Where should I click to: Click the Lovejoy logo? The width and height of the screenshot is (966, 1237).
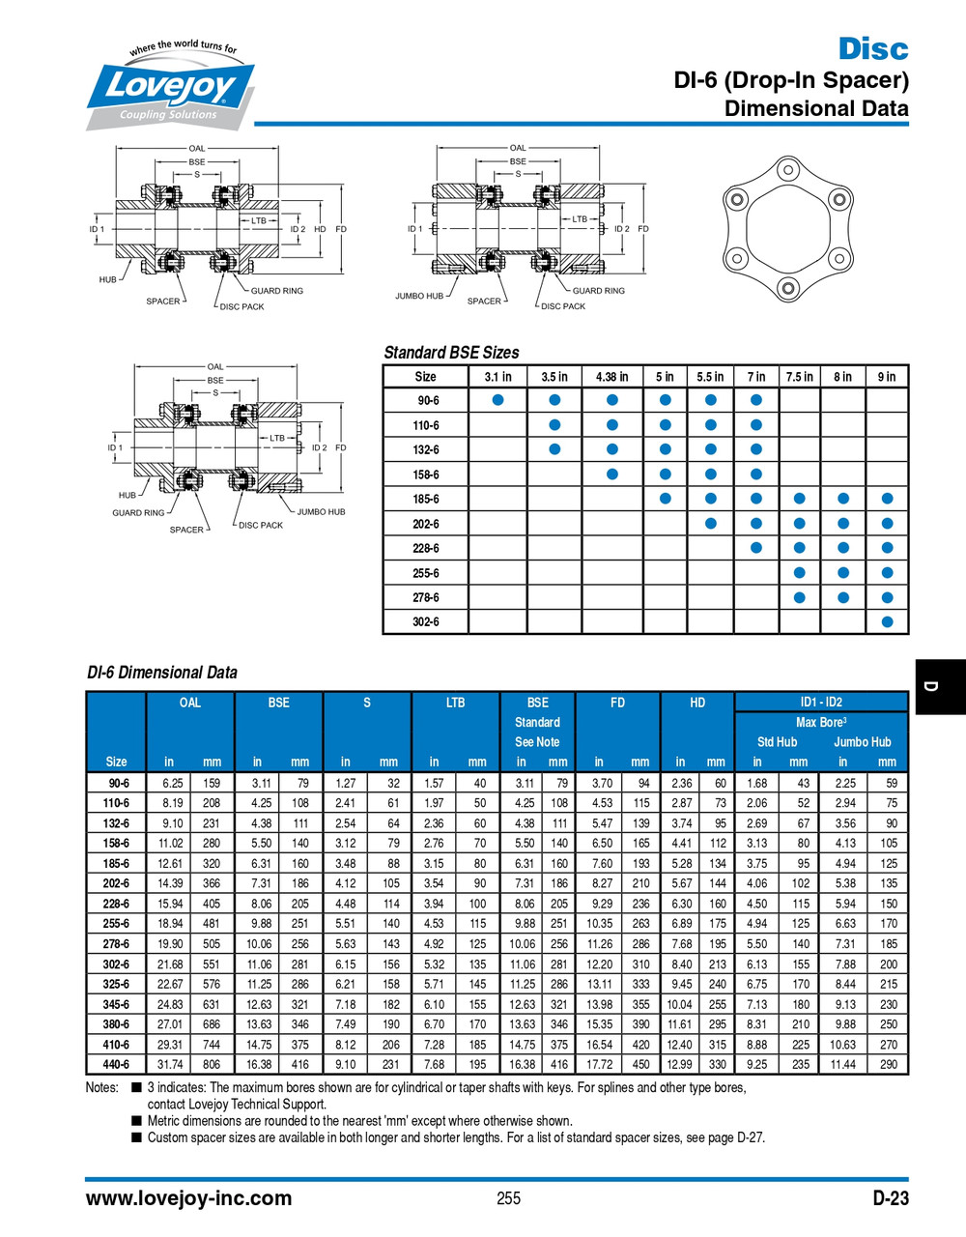pos(170,88)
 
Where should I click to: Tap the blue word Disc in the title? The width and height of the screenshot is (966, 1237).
pos(872,48)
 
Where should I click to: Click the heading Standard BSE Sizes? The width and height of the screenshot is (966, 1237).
pos(451,353)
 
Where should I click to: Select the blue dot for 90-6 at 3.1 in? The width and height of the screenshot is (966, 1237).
pos(497,400)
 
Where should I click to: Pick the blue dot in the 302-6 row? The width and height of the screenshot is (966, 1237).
pos(887,622)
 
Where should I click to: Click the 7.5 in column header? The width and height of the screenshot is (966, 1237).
pos(799,377)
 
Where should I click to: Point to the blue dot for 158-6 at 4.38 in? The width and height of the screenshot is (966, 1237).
pos(611,475)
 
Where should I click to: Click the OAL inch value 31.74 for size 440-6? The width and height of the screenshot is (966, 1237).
pos(170,1064)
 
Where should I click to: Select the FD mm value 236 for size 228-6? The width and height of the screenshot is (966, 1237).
pos(640,904)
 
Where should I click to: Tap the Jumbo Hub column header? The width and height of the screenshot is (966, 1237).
pos(862,742)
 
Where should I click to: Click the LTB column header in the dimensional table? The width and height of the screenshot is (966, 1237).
pos(455,703)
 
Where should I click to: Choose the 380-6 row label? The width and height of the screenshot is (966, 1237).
pos(116,1024)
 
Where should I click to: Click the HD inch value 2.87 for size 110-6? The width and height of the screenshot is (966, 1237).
pos(682,803)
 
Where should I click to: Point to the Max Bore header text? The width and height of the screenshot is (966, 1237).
pos(820,722)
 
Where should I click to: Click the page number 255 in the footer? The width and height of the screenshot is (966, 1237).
pos(508,1198)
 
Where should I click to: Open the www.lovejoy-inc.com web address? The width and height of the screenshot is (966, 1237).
pos(188,1198)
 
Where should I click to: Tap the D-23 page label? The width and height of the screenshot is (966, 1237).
pos(890,1198)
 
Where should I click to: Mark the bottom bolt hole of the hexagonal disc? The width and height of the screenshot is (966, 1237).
pos(788,288)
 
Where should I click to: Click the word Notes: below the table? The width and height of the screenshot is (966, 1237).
pos(101,1087)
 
